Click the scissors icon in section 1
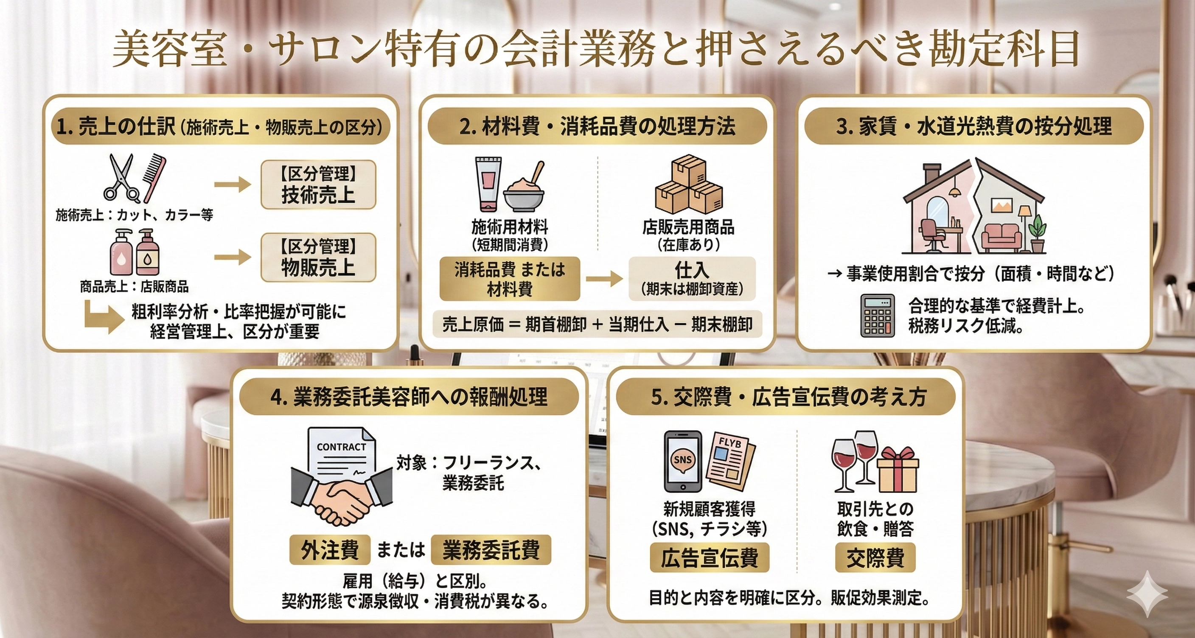click(x=121, y=179)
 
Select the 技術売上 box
click(x=318, y=185)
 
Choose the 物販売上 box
click(x=318, y=257)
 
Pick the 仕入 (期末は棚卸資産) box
click(x=692, y=279)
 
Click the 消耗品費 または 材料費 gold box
click(x=509, y=279)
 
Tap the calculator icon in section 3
click(x=877, y=315)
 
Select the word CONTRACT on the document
click(x=342, y=447)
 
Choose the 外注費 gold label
click(x=330, y=550)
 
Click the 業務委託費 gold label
click(x=491, y=550)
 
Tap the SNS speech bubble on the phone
click(x=682, y=459)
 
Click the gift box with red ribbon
click(x=897, y=473)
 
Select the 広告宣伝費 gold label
click(x=709, y=557)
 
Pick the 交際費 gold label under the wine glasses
click(x=875, y=557)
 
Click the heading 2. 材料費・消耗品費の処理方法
click(x=597, y=126)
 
